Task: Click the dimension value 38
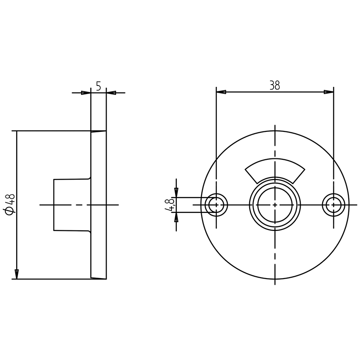pos(274,85)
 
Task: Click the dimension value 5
pos(98,86)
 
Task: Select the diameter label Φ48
pos(10,205)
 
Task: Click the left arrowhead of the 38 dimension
pos(221,92)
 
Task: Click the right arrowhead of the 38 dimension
pos(329,92)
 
